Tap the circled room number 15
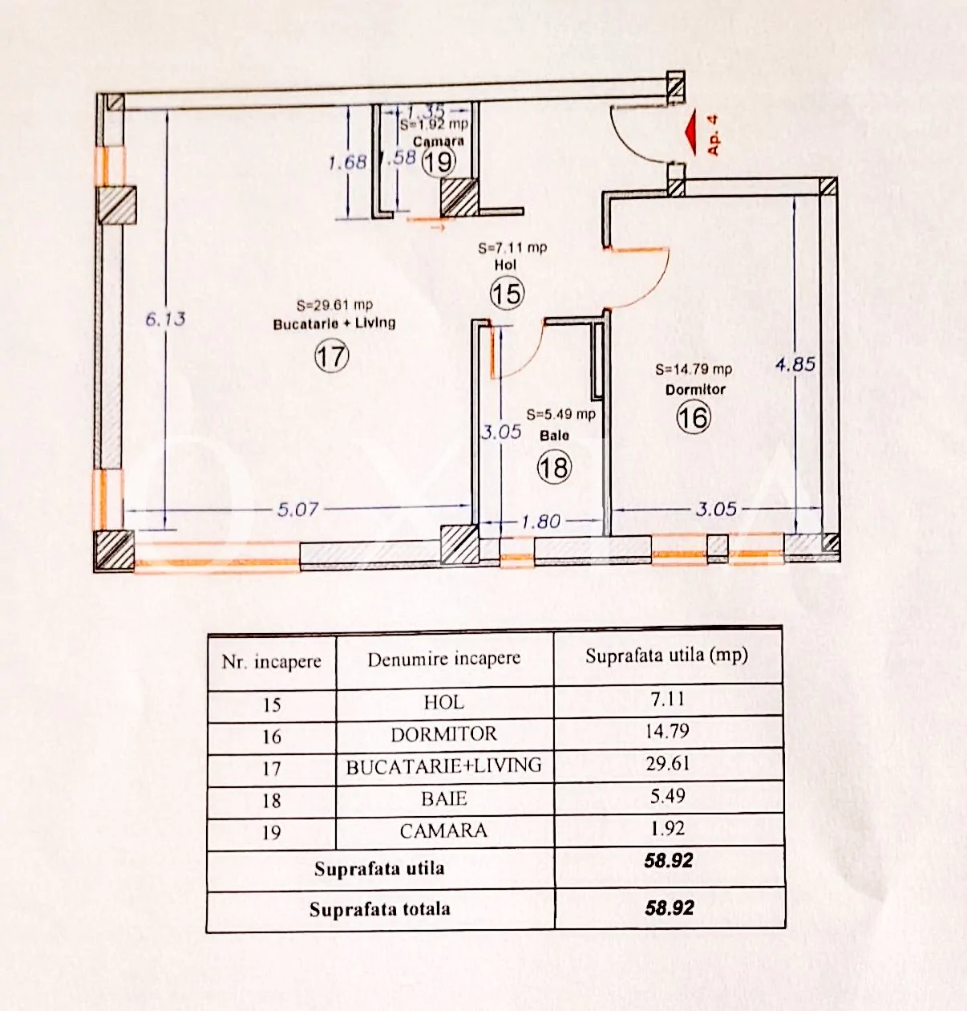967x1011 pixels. click(507, 294)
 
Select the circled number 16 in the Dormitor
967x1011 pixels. click(694, 416)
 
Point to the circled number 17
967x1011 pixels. click(332, 356)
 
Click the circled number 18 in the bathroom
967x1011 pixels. click(554, 467)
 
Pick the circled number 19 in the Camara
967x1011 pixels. click(439, 162)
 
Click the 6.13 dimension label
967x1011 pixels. click(165, 319)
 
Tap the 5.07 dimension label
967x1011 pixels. click(297, 510)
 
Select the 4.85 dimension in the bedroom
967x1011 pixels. click(795, 364)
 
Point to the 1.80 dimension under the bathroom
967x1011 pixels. click(541, 521)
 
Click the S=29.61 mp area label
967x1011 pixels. click(335, 305)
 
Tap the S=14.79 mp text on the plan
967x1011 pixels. click(694, 369)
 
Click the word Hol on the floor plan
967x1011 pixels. click(505, 265)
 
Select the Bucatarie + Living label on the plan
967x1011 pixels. click(334, 324)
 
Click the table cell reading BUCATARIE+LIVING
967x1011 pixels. click(443, 765)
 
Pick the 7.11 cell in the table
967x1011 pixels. click(668, 700)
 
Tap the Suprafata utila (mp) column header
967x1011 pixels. click(666, 656)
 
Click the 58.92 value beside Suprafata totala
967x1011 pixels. click(669, 908)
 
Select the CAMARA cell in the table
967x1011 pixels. click(443, 830)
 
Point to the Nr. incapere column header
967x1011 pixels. click(272, 662)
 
